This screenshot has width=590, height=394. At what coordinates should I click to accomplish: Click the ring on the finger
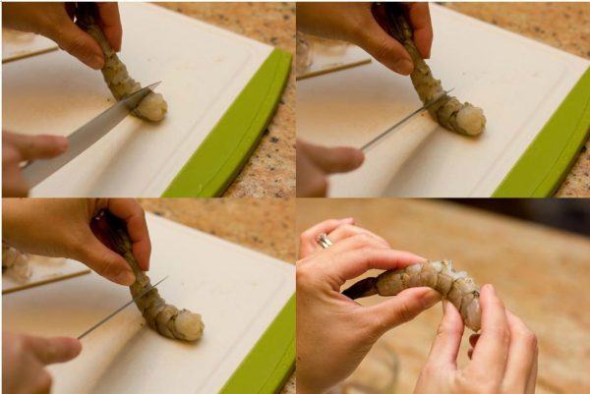coord(324,241)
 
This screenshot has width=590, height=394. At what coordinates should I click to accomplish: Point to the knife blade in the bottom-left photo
coord(118,310)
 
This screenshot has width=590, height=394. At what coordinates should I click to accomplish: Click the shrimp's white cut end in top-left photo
coord(151,106)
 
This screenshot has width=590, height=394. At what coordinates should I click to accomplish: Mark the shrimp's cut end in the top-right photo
coord(470,119)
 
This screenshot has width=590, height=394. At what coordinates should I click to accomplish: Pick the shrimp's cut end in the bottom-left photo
coord(187,324)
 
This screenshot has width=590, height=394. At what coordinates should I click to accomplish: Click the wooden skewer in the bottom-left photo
coord(44,282)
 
